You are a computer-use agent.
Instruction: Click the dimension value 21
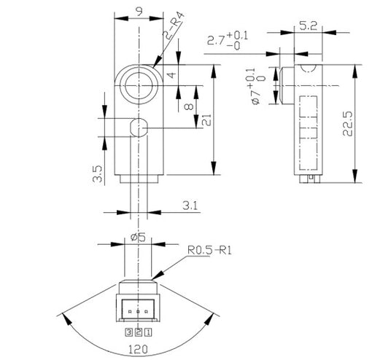click(206, 122)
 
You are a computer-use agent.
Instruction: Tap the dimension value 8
click(190, 106)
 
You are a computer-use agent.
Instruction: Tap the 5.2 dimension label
click(307, 27)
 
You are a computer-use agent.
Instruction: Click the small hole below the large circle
click(136, 128)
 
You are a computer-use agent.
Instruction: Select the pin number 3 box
click(128, 331)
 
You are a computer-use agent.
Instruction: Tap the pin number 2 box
click(137, 331)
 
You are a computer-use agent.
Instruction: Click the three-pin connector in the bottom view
click(137, 309)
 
